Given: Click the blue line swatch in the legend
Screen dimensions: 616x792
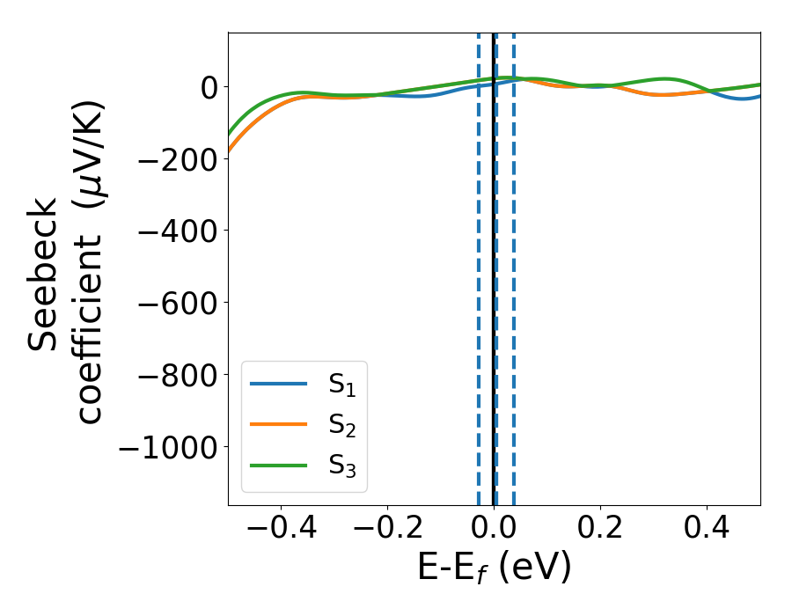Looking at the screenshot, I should click(278, 384).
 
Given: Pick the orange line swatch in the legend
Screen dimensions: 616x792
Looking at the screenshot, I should click(278, 424).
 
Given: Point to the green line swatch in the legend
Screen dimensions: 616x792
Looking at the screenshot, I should click(278, 465).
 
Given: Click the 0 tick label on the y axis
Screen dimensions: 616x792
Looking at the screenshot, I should click(209, 87).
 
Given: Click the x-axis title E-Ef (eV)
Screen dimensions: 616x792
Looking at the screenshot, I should click(494, 568).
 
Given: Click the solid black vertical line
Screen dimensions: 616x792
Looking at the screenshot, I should click(494, 264).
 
